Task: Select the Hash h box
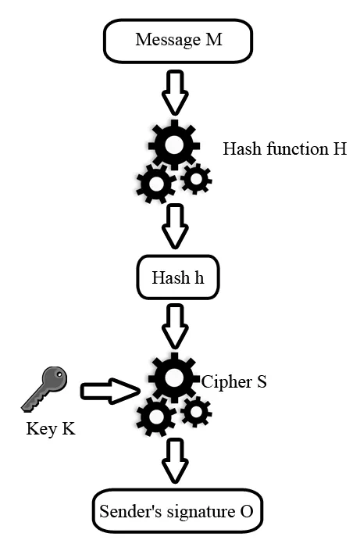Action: [178, 277]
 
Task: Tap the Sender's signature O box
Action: [177, 512]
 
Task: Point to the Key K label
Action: [51, 428]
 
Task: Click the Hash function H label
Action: [284, 148]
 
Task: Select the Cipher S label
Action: [233, 383]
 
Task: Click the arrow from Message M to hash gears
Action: [176, 91]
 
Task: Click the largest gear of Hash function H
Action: [173, 144]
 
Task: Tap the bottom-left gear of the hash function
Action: [155, 184]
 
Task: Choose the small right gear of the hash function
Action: [195, 179]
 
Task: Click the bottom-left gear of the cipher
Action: [155, 417]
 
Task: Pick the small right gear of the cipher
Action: [195, 412]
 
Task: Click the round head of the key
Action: [55, 379]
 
